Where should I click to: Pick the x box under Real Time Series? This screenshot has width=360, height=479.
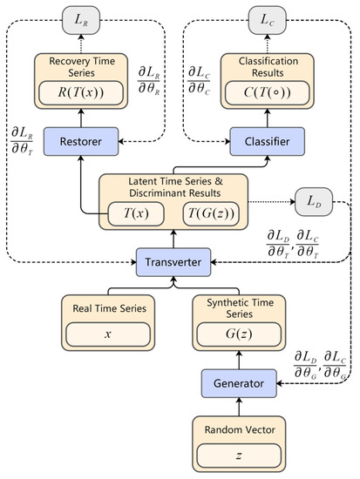pyautogui.click(x=112, y=334)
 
